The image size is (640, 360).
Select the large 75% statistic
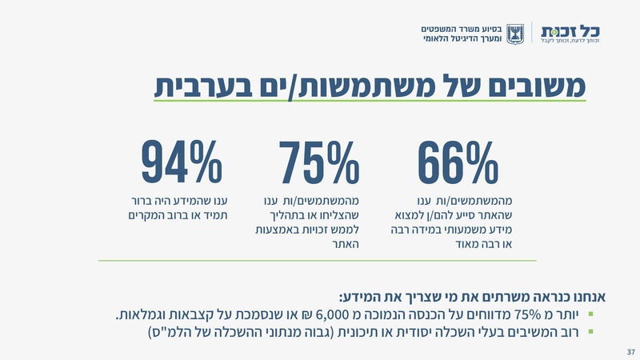click(319, 163)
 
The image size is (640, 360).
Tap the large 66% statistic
click(458, 163)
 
